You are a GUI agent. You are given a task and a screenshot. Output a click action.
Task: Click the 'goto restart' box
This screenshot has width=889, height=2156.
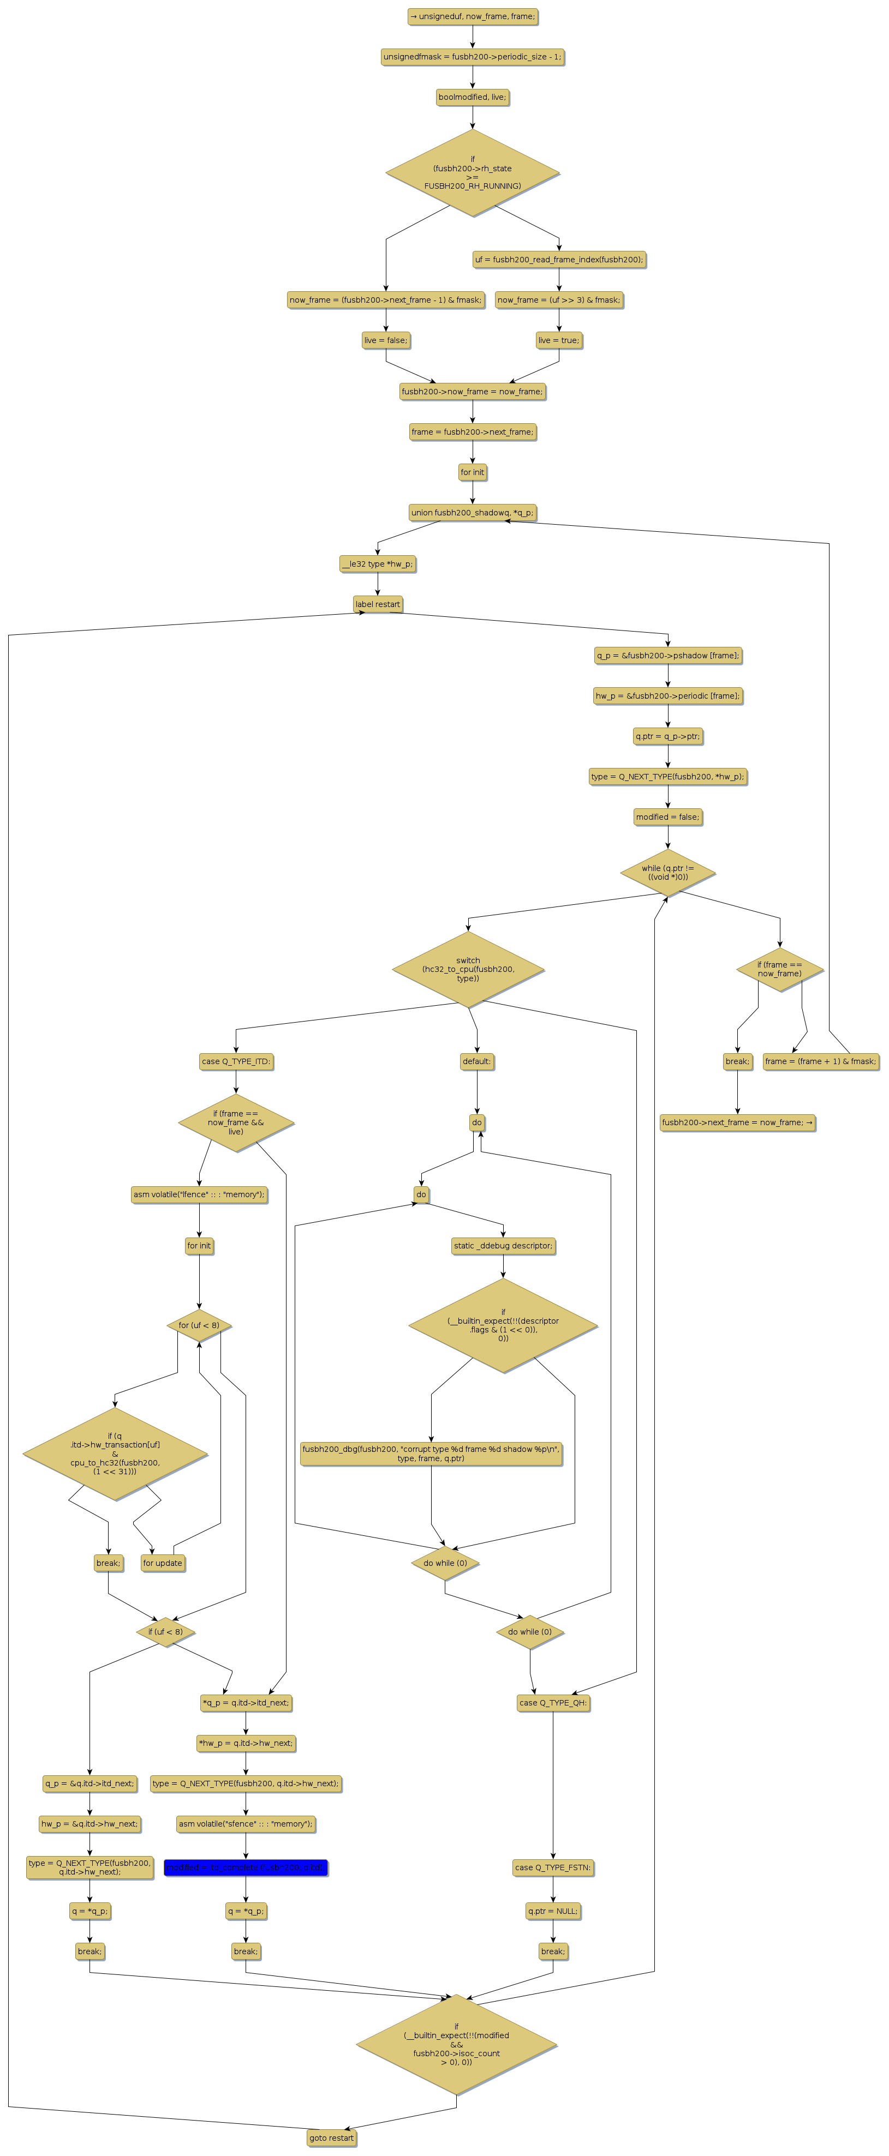click(331, 2137)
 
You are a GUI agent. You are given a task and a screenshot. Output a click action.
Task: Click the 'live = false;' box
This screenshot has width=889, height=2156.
click(386, 340)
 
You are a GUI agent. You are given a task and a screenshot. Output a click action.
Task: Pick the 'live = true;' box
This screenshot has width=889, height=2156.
click(558, 340)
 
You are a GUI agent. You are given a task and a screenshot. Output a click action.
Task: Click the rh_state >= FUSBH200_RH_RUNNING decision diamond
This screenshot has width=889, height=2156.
click(472, 172)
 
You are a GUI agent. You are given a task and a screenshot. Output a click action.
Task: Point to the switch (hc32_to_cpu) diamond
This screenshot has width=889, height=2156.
click(468, 969)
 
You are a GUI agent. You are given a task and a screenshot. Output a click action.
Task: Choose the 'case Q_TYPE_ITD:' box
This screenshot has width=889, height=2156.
click(236, 1061)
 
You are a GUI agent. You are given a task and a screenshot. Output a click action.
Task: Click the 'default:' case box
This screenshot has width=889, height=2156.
click(477, 1061)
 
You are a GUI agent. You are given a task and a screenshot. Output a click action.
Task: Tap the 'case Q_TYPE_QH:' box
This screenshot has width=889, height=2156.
click(552, 1702)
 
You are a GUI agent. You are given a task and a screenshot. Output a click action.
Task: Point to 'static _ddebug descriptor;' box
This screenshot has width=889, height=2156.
click(503, 1245)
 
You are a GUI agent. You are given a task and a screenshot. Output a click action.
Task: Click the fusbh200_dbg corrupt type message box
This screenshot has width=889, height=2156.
click(431, 1453)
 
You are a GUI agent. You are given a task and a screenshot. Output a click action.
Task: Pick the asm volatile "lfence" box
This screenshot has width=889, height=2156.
click(199, 1194)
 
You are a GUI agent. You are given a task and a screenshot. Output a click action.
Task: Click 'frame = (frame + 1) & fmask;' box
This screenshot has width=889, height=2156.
click(820, 1061)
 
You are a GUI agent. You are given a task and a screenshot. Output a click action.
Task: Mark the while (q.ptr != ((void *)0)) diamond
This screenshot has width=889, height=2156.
click(668, 872)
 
